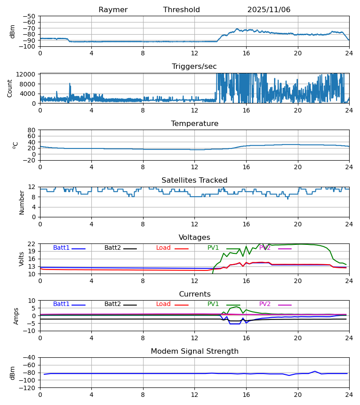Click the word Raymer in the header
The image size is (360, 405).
(113, 10)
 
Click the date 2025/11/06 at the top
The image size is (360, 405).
(269, 10)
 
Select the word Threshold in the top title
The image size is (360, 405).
(181, 10)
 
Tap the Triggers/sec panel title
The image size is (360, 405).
(194, 67)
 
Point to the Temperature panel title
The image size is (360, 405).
(194, 124)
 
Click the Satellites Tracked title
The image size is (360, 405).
(194, 180)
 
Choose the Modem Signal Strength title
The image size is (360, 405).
(194, 351)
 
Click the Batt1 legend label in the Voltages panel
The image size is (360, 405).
(61, 248)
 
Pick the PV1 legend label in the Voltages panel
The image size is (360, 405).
(213, 248)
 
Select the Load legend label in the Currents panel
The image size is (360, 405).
(163, 304)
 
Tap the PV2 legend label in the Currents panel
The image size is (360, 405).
(265, 304)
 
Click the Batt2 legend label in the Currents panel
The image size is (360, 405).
(112, 304)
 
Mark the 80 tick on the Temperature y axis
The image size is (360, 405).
(32, 130)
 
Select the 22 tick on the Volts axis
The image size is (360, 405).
(32, 244)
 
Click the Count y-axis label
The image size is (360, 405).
(10, 88)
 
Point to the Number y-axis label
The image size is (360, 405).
(22, 202)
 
